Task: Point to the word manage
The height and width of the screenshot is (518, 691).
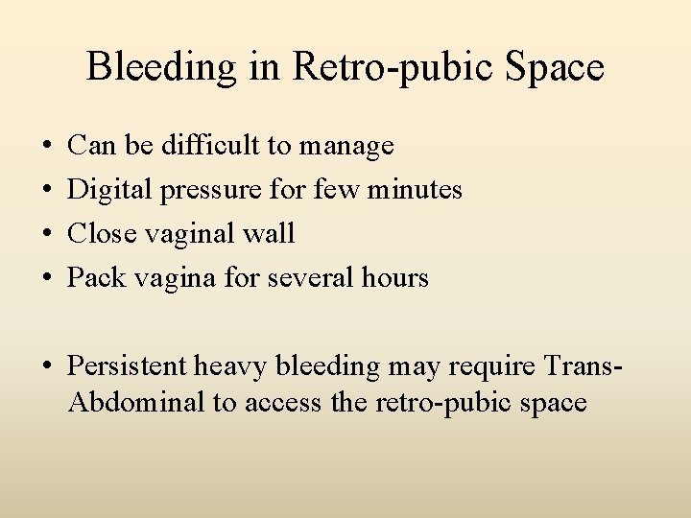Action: pyautogui.click(x=346, y=147)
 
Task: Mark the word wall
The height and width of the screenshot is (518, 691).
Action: pyautogui.click(x=271, y=233)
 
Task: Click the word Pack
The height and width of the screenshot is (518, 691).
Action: pyautogui.click(x=95, y=277)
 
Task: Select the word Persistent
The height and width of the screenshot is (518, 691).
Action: pyautogui.click(x=127, y=365)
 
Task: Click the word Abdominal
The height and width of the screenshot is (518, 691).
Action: pyautogui.click(x=137, y=402)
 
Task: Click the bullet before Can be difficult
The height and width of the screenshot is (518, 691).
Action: pyautogui.click(x=49, y=146)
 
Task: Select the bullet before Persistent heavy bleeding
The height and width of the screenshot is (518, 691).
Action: pyautogui.click(x=49, y=366)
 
